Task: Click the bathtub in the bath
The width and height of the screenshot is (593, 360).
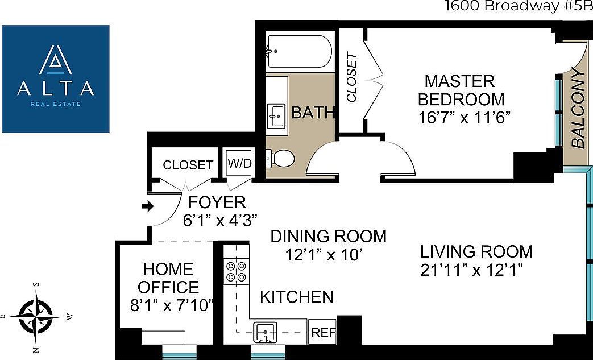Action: (x=300, y=52)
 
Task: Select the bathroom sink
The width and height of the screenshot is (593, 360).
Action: (x=276, y=115)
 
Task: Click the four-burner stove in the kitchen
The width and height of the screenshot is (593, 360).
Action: (x=237, y=271)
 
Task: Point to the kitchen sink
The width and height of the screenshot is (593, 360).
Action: (x=265, y=330)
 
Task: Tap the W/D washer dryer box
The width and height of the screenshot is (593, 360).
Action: (x=239, y=163)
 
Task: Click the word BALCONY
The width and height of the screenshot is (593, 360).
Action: (x=578, y=109)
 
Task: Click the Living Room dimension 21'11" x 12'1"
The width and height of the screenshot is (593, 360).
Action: (x=471, y=268)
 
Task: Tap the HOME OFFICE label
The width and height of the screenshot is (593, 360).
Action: (x=168, y=278)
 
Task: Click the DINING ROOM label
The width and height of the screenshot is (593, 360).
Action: (x=328, y=236)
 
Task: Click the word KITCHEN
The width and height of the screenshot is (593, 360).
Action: (x=296, y=297)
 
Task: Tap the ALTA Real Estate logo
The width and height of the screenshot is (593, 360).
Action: (x=55, y=78)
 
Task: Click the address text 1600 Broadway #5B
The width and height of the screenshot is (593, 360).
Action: (x=518, y=7)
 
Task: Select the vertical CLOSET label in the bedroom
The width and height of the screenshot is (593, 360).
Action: (x=352, y=77)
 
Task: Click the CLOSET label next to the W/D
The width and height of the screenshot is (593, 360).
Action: (x=188, y=165)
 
